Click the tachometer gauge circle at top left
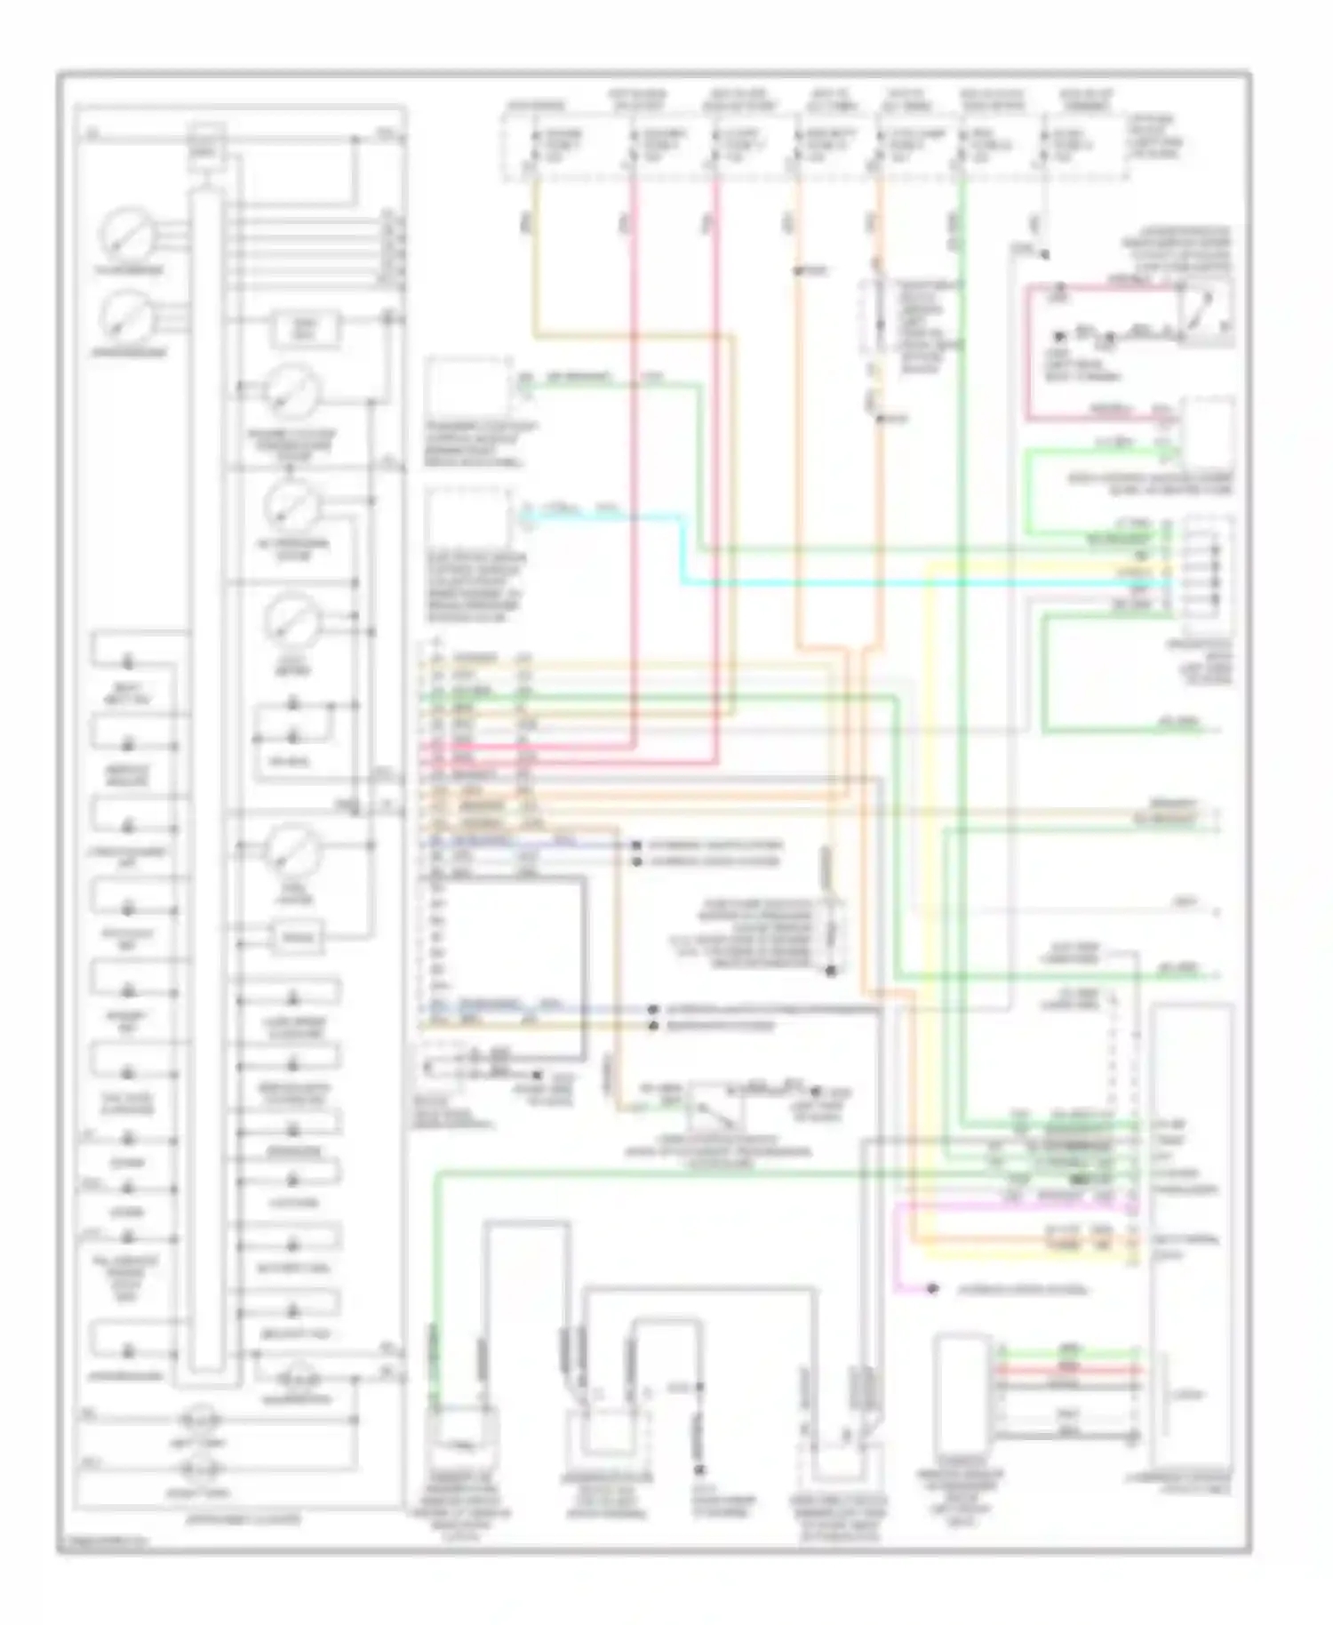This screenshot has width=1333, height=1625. [x=129, y=233]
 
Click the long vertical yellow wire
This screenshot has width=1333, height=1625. [x=928, y=889]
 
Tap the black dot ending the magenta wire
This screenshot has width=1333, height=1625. [x=932, y=1288]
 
